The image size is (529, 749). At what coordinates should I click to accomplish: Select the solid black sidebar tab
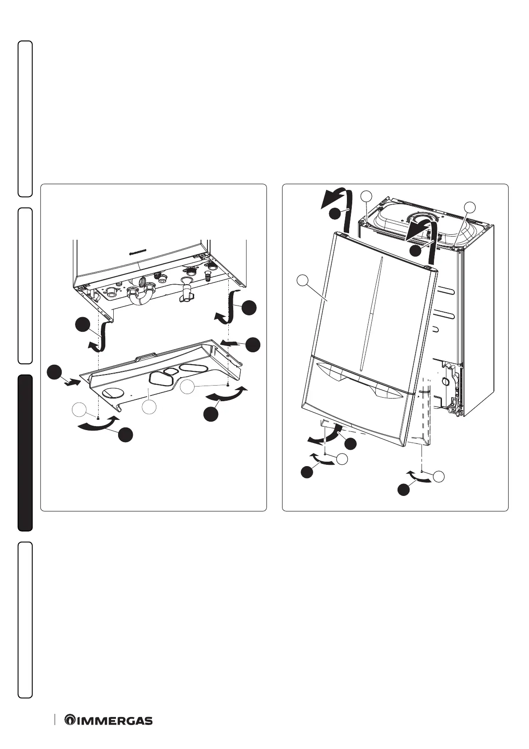point(25,453)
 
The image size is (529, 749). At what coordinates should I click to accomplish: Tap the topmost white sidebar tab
point(25,118)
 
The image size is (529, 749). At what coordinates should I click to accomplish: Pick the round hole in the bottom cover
point(113,392)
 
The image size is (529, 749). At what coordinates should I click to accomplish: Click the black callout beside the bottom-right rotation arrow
point(403,490)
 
